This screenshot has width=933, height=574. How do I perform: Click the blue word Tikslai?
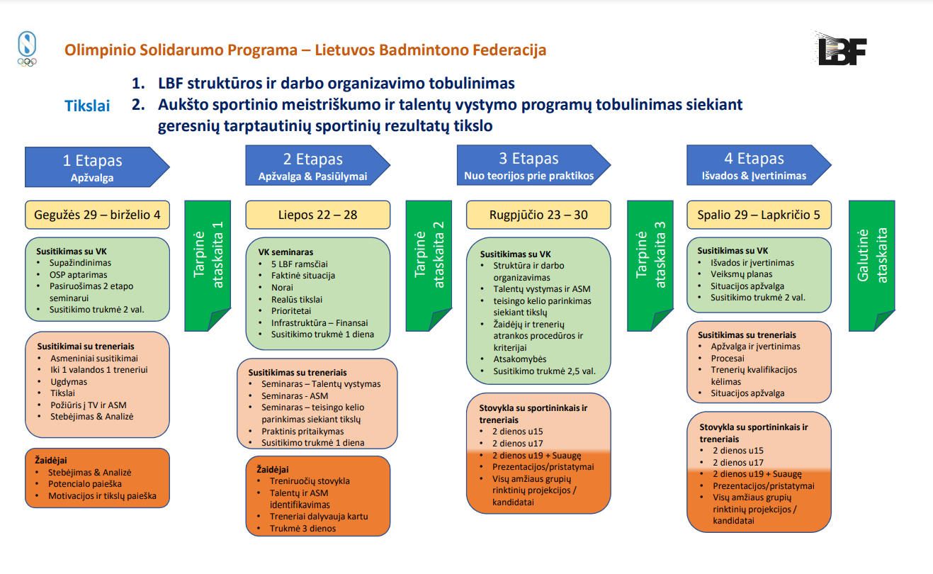[x=87, y=106]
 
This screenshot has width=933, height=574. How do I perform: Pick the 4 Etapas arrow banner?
[x=754, y=166]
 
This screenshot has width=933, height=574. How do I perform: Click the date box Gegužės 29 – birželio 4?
[x=98, y=215]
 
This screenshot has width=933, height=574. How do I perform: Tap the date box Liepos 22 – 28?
[x=318, y=215]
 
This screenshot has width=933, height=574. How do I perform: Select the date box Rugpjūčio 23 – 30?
[x=538, y=215]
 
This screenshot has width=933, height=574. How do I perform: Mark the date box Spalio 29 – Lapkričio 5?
[x=759, y=215]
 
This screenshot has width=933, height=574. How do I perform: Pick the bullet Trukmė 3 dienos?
[x=302, y=528]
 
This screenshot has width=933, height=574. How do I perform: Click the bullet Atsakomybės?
[x=519, y=359]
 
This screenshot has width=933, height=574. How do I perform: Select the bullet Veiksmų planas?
[x=741, y=274]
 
